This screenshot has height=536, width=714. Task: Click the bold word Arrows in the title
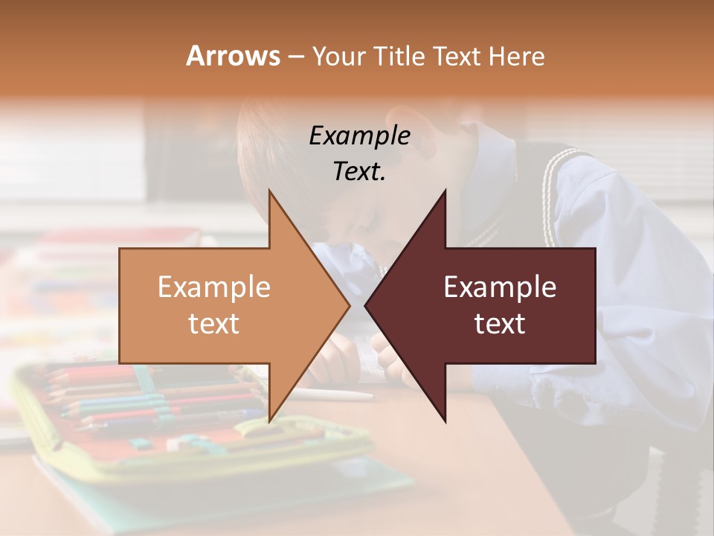(233, 56)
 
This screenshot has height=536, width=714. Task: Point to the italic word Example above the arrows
(359, 135)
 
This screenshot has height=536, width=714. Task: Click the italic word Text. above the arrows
(359, 171)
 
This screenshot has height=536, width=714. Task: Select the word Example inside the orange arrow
(213, 287)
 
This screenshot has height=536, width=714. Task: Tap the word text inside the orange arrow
(213, 323)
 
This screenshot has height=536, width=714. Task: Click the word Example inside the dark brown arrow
(500, 287)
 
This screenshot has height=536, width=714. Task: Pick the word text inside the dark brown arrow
(500, 323)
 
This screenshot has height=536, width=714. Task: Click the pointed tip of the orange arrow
(349, 306)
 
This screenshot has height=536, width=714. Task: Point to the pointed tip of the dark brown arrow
(366, 306)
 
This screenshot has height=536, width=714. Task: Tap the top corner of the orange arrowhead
(269, 191)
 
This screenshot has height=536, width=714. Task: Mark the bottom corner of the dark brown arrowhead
(446, 421)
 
